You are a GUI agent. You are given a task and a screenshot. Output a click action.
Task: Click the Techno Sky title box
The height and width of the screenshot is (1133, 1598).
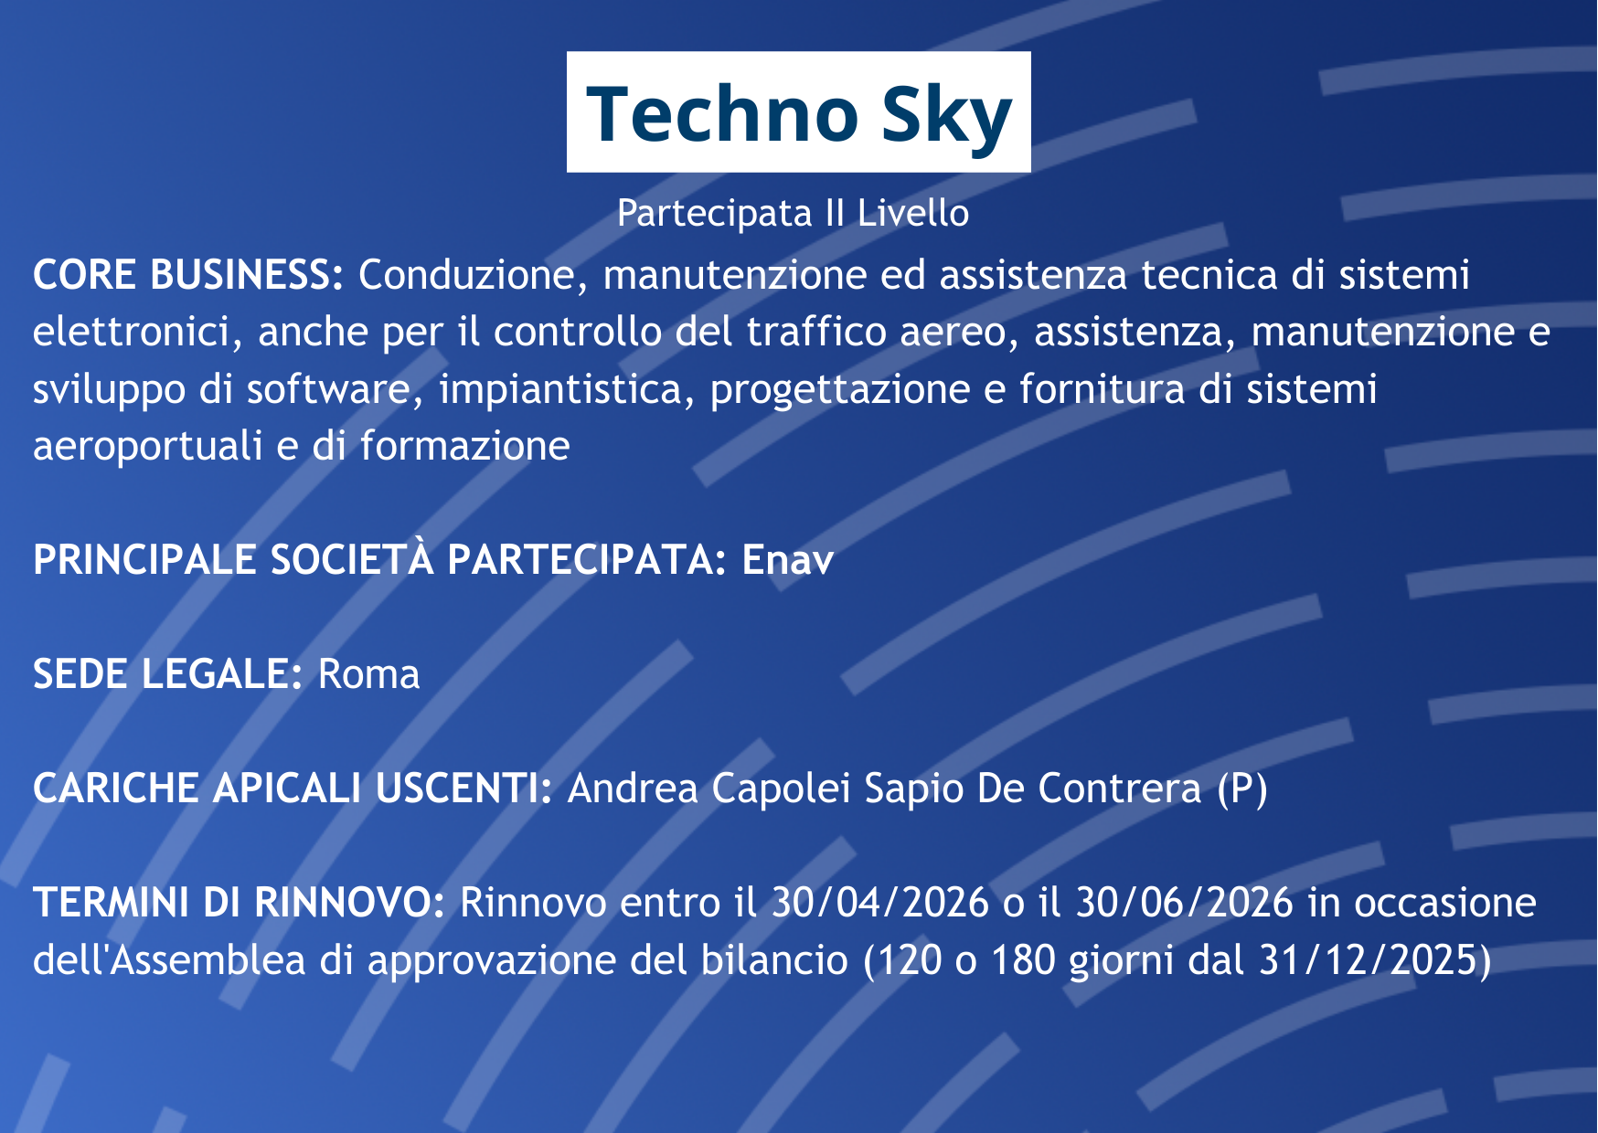point(798,111)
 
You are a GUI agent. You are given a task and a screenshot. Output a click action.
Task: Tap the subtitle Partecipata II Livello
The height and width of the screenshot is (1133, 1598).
point(793,213)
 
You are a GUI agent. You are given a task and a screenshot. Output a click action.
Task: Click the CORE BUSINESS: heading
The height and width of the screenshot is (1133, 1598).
point(188,274)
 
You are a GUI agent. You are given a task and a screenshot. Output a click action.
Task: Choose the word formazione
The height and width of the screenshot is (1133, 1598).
point(464,446)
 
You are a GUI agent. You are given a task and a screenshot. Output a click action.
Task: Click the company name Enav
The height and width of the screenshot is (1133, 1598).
point(788,559)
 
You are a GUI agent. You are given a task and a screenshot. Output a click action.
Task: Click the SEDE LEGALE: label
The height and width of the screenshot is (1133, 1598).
point(168,673)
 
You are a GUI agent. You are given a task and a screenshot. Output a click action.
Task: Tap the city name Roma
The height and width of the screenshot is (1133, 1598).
point(368,674)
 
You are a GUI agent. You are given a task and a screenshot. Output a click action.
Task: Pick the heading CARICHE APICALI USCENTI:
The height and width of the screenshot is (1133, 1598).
point(293,788)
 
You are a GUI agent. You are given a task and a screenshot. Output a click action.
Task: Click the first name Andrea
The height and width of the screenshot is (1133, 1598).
point(633,788)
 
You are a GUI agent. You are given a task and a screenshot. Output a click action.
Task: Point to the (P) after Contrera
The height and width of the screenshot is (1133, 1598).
point(1242,789)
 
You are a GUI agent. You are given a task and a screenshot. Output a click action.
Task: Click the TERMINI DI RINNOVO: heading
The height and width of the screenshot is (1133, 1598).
point(239,902)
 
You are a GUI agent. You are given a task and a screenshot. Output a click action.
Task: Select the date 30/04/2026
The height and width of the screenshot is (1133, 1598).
point(880,903)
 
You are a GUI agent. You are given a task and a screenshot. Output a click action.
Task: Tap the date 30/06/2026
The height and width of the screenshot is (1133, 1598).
point(1184,903)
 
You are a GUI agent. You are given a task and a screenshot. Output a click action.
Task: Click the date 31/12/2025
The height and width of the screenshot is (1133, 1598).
point(1368,960)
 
